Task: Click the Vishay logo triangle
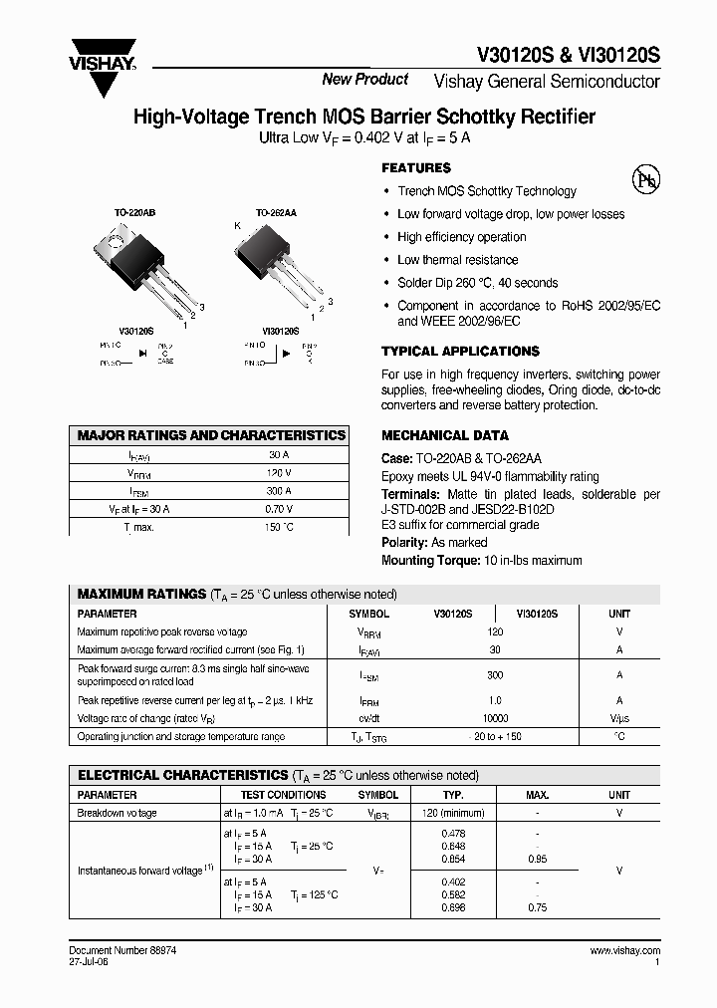click(103, 75)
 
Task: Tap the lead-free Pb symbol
click(646, 179)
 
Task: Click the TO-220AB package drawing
click(136, 266)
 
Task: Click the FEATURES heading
click(416, 168)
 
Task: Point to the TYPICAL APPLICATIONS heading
click(460, 352)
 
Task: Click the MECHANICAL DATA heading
click(445, 435)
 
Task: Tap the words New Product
click(365, 80)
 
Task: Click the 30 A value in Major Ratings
click(279, 454)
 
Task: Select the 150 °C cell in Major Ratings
click(279, 526)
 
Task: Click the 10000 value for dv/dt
click(495, 718)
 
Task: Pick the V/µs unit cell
click(619, 718)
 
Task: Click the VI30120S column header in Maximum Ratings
click(537, 615)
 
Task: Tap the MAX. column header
click(538, 795)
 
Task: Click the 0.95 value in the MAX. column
click(538, 859)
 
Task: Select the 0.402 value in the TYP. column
click(453, 882)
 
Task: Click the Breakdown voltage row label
click(118, 813)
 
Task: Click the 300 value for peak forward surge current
click(495, 674)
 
